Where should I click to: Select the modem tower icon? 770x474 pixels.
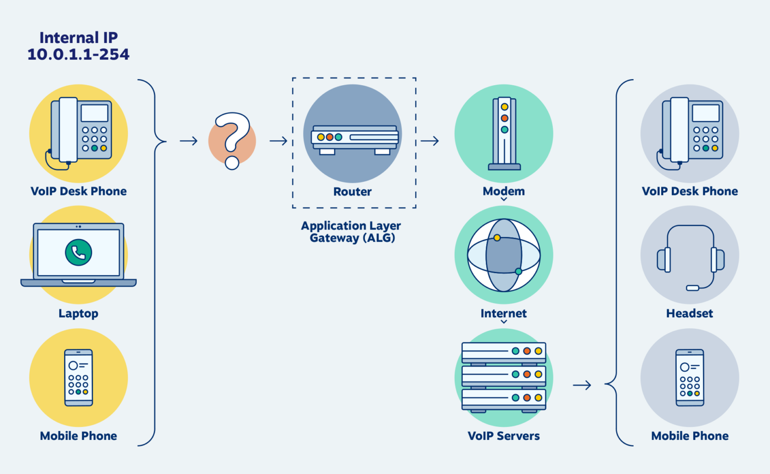[504, 133]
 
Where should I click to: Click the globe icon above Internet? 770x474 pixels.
[504, 255]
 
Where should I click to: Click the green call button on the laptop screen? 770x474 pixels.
[79, 252]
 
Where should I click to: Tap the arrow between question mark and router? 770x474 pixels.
[278, 141]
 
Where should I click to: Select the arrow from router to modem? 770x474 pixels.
[430, 141]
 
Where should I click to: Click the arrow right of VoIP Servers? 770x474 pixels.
[582, 385]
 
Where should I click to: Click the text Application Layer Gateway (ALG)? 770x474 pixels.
[352, 232]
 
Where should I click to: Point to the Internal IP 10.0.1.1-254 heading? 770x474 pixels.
[79, 46]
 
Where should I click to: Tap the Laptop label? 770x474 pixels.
[78, 314]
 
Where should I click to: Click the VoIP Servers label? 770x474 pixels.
[504, 436]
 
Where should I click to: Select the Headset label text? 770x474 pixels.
[689, 314]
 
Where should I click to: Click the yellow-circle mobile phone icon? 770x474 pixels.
[79, 377]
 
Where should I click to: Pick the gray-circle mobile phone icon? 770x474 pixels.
[690, 377]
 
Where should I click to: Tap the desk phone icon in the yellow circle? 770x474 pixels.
[80, 132]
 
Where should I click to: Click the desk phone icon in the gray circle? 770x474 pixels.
[691, 132]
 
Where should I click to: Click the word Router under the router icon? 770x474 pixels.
[352, 192]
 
